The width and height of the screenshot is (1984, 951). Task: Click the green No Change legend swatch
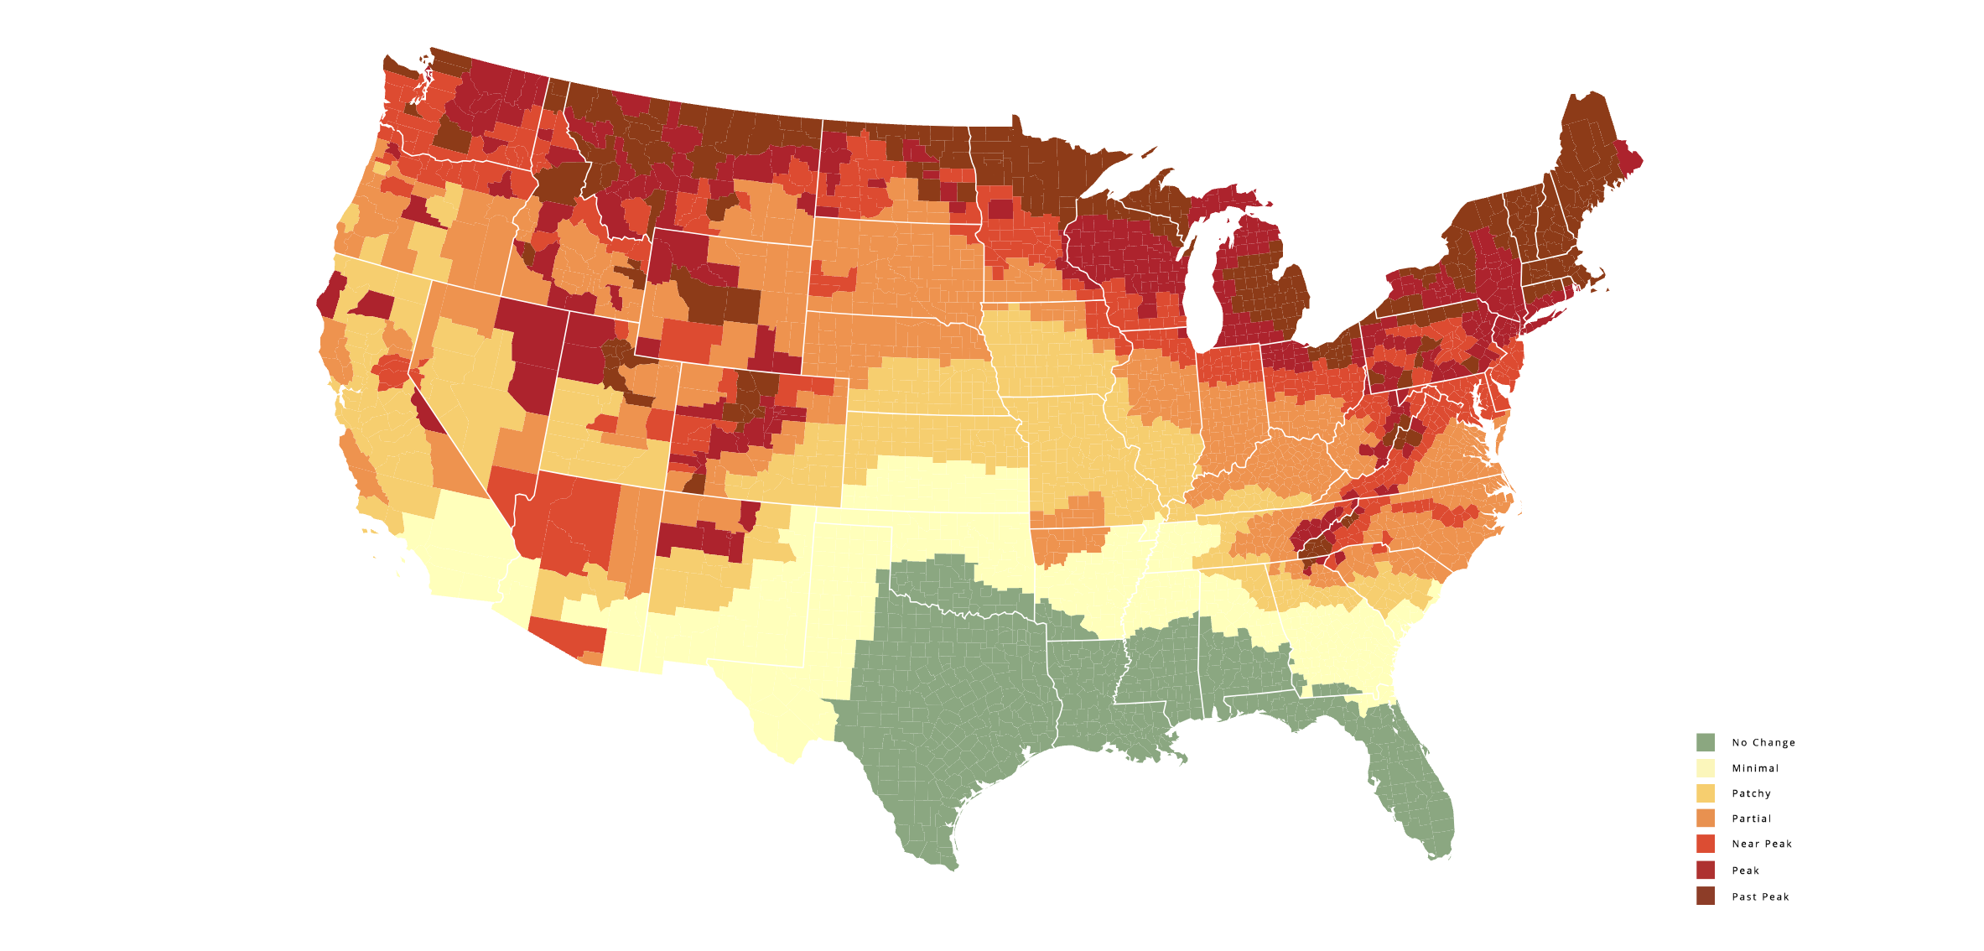pyautogui.click(x=1705, y=742)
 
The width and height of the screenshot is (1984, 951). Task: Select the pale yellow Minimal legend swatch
pyautogui.click(x=1705, y=768)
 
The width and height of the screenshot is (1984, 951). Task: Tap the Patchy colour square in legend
pyautogui.click(x=1705, y=793)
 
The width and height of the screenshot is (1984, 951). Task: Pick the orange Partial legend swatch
pyautogui.click(x=1705, y=818)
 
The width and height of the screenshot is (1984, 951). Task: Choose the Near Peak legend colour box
pyautogui.click(x=1705, y=844)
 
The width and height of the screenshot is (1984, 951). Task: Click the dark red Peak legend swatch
pyautogui.click(x=1705, y=870)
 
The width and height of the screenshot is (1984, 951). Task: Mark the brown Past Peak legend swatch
pyautogui.click(x=1705, y=896)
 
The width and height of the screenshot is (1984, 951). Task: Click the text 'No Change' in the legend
pyautogui.click(x=1763, y=743)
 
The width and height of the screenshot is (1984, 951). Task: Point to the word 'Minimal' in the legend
pyautogui.click(x=1755, y=768)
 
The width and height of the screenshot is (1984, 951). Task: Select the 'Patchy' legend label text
pyautogui.click(x=1751, y=793)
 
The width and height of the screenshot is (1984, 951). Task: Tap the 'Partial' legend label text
pyautogui.click(x=1752, y=818)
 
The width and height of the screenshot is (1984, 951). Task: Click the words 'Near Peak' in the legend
pyautogui.click(x=1762, y=844)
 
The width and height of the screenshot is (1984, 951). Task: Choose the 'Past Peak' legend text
pyautogui.click(x=1760, y=897)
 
